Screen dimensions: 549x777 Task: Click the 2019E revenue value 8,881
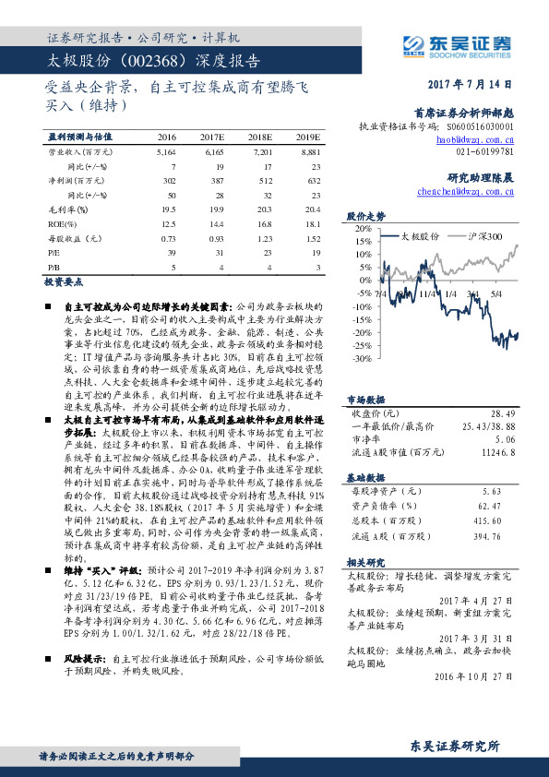coord(310,149)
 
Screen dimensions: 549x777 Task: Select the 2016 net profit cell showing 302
coord(168,183)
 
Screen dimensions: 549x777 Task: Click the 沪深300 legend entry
coord(490,237)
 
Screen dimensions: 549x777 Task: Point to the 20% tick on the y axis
coord(361,229)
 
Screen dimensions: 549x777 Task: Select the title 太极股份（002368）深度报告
coord(153,61)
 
